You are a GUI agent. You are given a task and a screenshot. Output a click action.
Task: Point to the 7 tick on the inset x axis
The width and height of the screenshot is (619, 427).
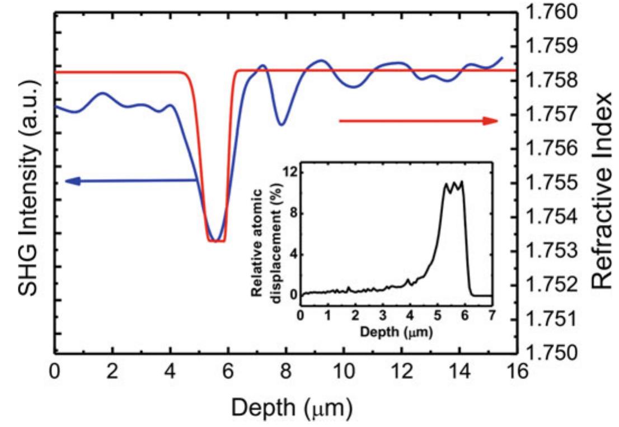point(491,314)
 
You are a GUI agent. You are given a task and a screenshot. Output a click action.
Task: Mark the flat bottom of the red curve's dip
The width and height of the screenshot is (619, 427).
point(216,241)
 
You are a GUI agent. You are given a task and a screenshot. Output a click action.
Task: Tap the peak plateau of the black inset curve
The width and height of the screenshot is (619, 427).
point(454,185)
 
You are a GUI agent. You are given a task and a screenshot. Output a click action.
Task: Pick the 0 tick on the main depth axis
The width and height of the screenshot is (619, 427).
point(54,371)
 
